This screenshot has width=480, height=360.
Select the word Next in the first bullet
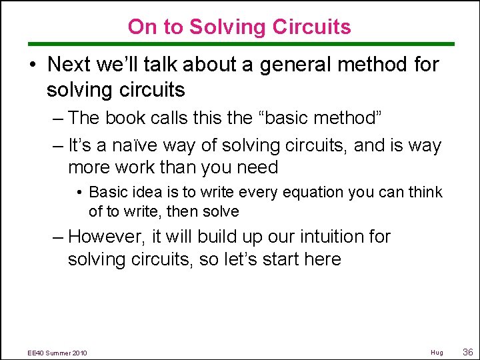point(72,65)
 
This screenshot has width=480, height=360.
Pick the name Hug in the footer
point(437,352)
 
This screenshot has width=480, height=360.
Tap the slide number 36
point(467,351)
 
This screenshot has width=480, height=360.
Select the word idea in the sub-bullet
point(132,193)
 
